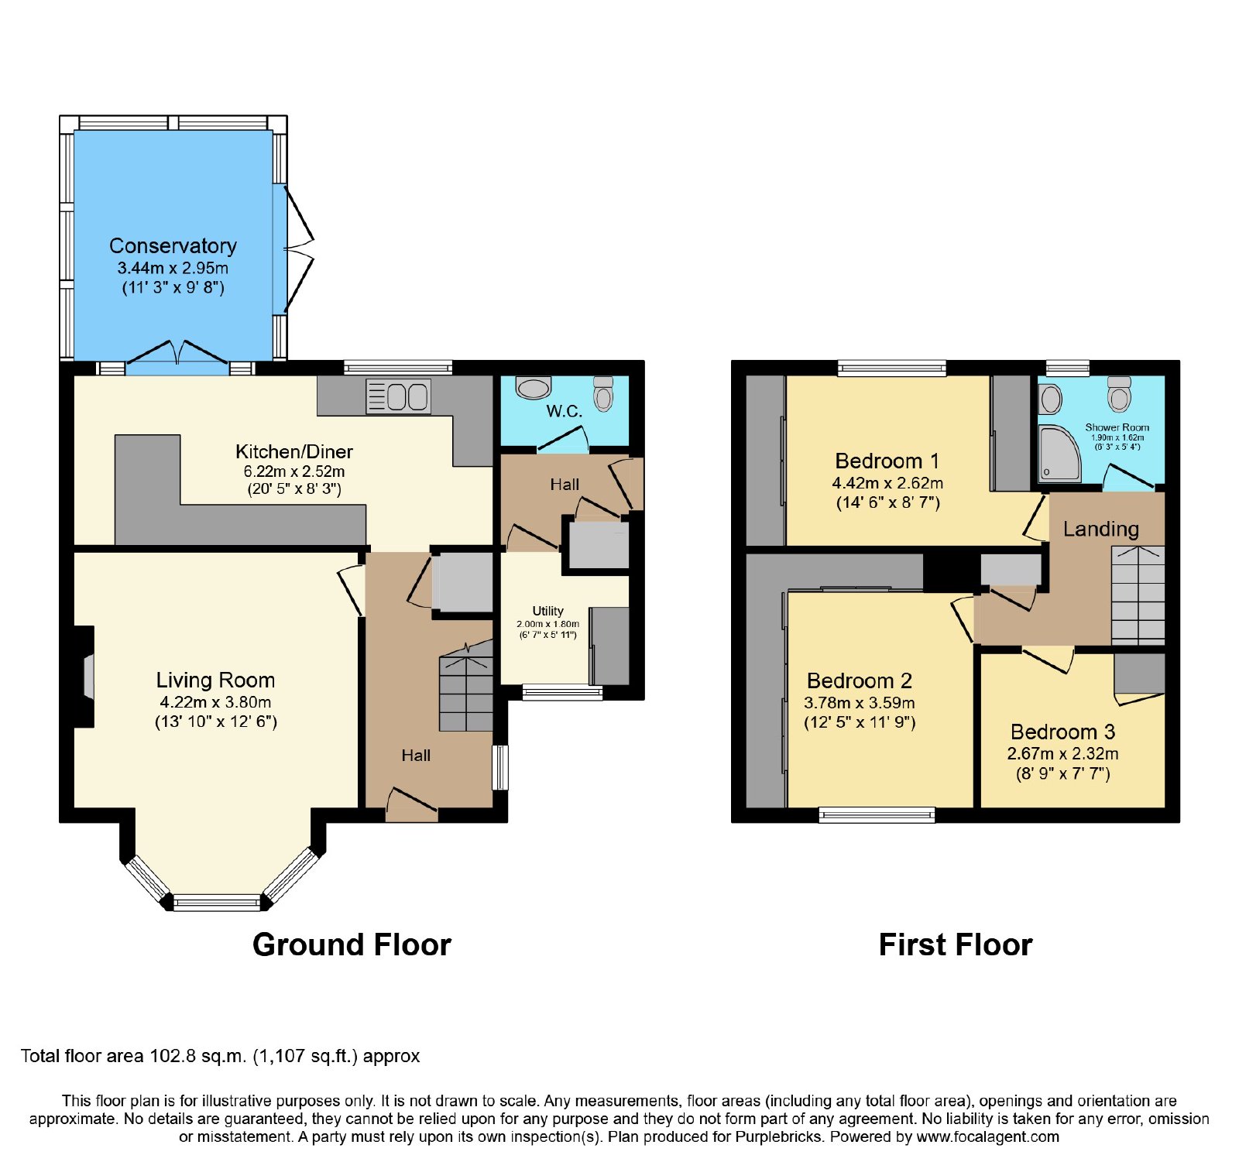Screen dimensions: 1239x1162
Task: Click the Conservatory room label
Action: [x=173, y=246]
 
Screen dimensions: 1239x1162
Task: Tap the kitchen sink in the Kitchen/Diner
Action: [x=398, y=396]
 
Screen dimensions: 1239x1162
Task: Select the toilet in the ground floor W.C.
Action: [x=603, y=393]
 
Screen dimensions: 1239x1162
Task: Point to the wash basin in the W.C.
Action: [x=534, y=387]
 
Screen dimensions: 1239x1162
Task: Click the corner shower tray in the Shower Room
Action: [x=1059, y=453]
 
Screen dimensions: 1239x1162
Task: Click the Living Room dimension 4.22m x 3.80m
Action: [x=215, y=703]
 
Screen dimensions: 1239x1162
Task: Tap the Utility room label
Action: [x=548, y=611]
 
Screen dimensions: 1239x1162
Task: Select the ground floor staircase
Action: [x=466, y=686]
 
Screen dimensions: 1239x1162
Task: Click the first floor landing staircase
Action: [x=1138, y=595]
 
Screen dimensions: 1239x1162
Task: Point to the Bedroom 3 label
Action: [x=1063, y=732]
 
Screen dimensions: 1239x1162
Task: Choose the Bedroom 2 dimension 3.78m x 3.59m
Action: [x=860, y=703]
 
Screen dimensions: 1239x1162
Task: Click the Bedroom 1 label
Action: [x=887, y=461]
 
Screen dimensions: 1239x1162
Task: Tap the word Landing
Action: [x=1101, y=530]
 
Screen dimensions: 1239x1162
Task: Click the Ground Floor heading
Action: [x=352, y=944]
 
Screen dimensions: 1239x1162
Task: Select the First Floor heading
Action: [x=956, y=944]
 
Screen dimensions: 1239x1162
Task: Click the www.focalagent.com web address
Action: [x=988, y=1137]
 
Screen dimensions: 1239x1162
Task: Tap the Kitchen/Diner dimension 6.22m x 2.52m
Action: [x=294, y=471]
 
